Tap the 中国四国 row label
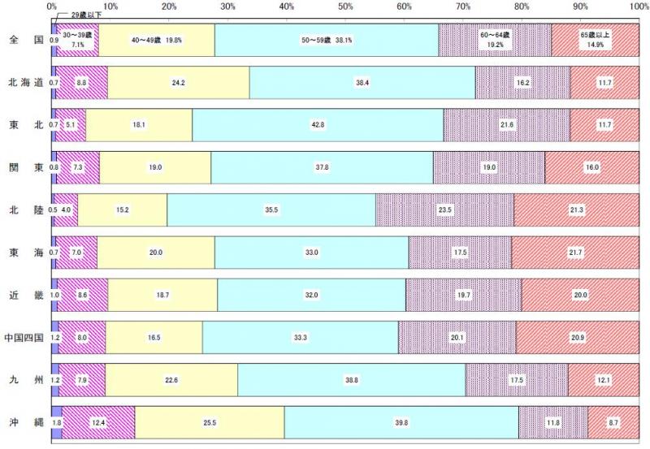coord(24,336)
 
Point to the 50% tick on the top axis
coord(345,7)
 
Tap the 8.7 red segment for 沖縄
coord(613,421)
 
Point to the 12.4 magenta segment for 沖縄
coord(97,421)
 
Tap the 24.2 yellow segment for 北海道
coord(179,82)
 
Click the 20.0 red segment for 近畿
coord(580,294)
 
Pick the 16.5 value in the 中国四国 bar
coord(154,336)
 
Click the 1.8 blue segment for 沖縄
coord(57,421)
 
